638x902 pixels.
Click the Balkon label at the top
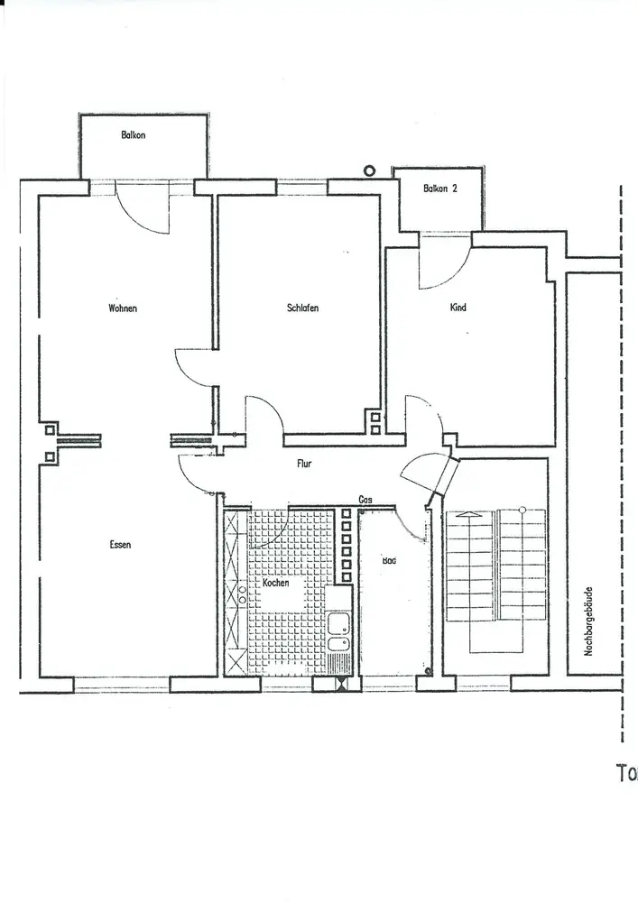[134, 135]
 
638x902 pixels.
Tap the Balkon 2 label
[441, 189]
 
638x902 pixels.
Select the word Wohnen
[123, 308]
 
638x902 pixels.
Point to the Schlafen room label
[302, 308]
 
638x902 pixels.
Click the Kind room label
[458, 308]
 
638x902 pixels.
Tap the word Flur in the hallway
[305, 465]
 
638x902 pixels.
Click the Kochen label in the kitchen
[275, 584]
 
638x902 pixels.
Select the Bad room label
[389, 560]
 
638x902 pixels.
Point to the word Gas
[365, 499]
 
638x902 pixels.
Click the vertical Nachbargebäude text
[588, 622]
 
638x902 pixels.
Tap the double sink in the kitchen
[337, 631]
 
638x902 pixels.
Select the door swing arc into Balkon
[144, 213]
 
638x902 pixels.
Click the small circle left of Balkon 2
[369, 169]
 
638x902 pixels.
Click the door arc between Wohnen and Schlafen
[191, 366]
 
